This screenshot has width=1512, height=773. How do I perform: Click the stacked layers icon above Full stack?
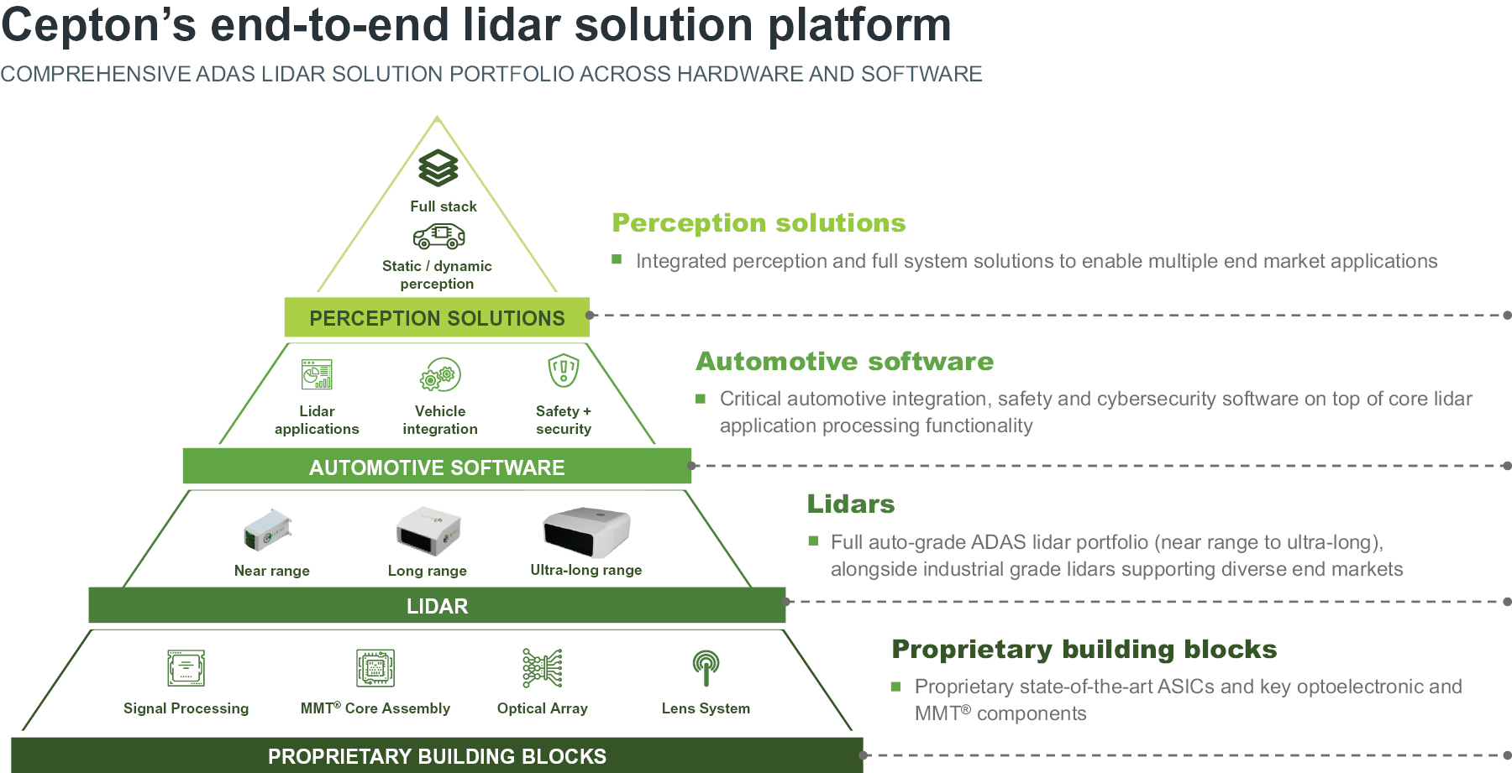tap(438, 168)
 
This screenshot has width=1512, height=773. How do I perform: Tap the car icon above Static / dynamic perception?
tap(438, 237)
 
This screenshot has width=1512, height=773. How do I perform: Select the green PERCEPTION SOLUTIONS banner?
tap(437, 318)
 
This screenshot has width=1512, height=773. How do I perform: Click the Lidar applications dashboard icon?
tap(317, 374)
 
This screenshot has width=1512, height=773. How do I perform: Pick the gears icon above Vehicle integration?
tap(440, 375)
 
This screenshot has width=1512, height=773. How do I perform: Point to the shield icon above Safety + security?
tap(564, 370)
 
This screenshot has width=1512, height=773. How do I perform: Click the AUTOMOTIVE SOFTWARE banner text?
tap(437, 467)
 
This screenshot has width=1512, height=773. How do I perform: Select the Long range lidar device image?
tap(428, 530)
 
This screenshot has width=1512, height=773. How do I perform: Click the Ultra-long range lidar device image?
tap(586, 531)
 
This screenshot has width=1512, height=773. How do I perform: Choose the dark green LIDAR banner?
tap(437, 606)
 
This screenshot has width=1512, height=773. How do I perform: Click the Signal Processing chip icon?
tap(186, 669)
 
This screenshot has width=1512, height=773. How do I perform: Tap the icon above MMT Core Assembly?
tap(375, 669)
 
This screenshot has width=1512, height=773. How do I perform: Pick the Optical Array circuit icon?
tap(543, 669)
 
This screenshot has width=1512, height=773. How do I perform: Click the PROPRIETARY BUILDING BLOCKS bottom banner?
tap(437, 756)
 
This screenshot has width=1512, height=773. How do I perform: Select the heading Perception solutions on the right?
tap(759, 223)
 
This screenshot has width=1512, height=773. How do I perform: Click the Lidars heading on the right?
tap(850, 504)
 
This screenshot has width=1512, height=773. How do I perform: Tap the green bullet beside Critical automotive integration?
tap(701, 400)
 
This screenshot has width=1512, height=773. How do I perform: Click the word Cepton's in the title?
tap(98, 25)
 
